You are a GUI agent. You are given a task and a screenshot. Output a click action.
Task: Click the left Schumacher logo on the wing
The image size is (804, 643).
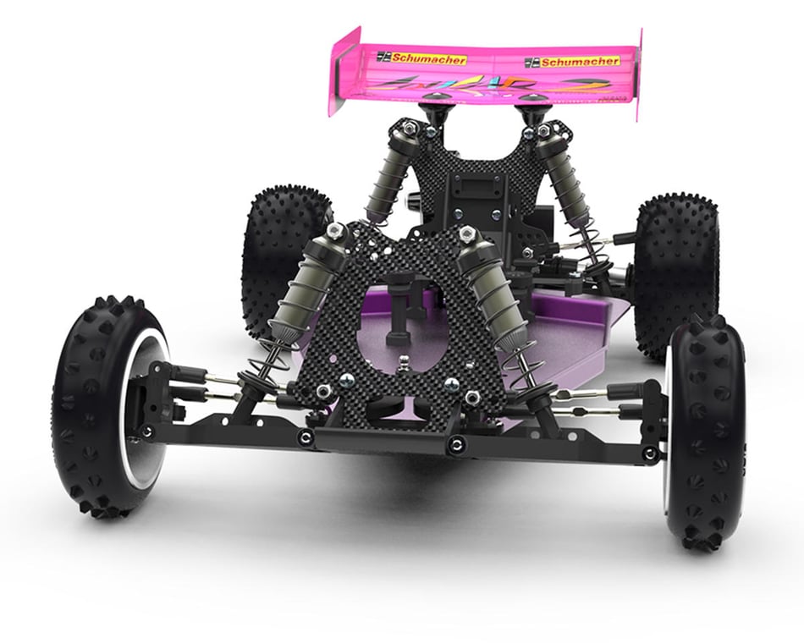point(421,59)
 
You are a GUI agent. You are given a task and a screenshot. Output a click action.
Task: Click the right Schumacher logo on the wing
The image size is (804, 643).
point(572,62)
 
